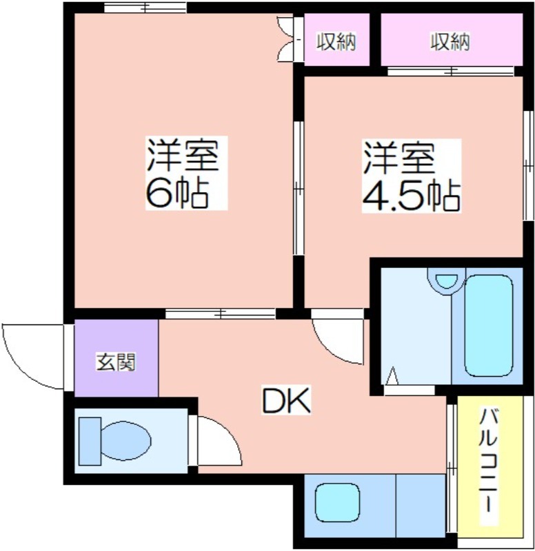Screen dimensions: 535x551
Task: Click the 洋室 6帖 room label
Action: tap(186, 173)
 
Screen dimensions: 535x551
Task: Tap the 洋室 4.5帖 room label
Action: tap(411, 176)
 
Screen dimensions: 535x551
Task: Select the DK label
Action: tap(286, 400)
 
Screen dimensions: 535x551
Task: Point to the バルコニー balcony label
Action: tap(489, 461)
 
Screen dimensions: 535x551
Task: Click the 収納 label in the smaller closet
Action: tap(336, 41)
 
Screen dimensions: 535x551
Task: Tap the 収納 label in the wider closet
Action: tap(451, 41)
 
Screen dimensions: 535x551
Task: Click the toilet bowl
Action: tap(125, 440)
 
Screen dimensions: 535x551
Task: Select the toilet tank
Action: tap(90, 441)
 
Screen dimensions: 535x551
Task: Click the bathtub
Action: tap(489, 325)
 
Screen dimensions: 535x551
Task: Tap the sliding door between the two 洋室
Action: tap(299, 188)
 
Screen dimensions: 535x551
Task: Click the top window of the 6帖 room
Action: tap(145, 8)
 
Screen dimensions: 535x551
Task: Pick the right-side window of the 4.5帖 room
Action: tap(527, 165)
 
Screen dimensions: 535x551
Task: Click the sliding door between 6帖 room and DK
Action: tap(220, 314)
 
